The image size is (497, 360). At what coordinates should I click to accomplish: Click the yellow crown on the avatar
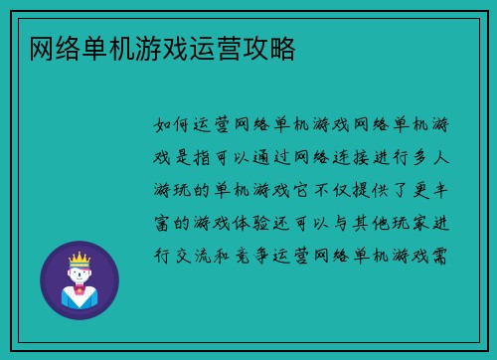click(x=79, y=260)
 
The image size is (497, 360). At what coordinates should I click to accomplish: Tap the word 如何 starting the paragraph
click(x=177, y=125)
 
